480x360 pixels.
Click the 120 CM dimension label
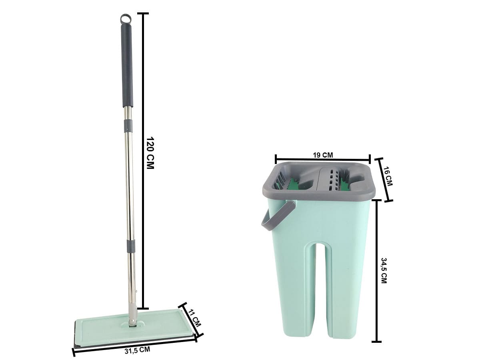[x=150, y=153]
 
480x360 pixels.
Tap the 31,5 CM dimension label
[x=137, y=350]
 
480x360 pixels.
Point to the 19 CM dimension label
[x=323, y=155]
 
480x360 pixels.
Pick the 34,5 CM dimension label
[x=384, y=270]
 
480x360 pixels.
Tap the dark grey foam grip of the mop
[x=127, y=65]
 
